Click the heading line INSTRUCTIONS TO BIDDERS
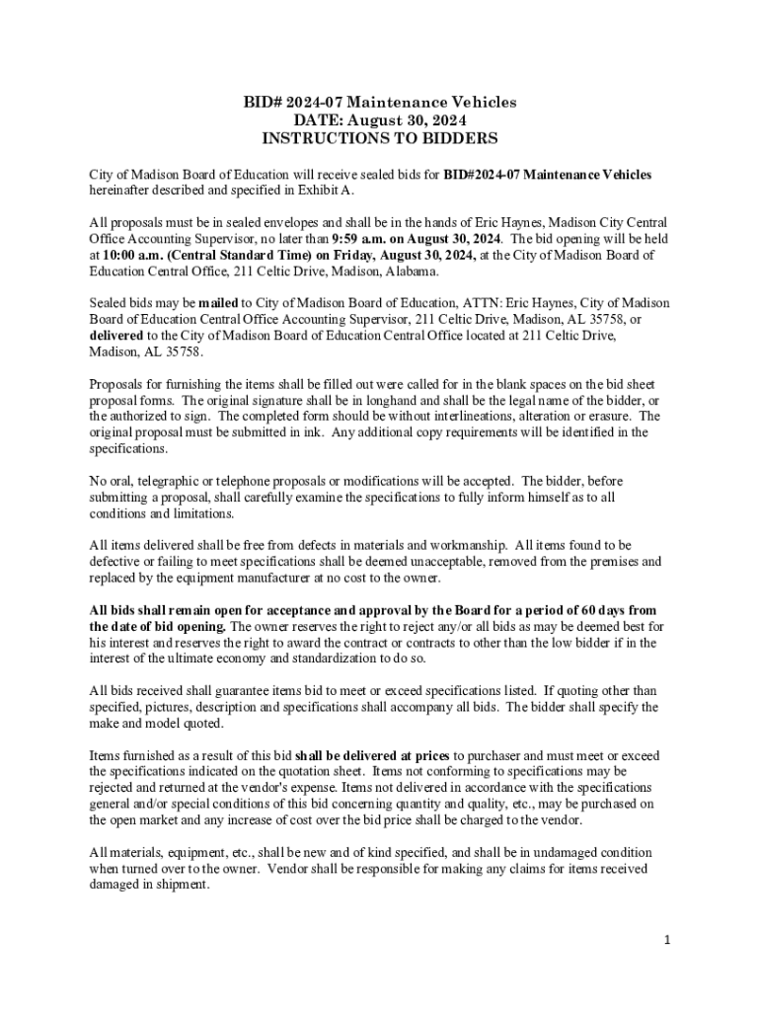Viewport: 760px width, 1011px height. (379, 138)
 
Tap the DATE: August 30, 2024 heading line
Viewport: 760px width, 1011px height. (379, 120)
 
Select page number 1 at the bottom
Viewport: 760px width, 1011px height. (667, 939)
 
